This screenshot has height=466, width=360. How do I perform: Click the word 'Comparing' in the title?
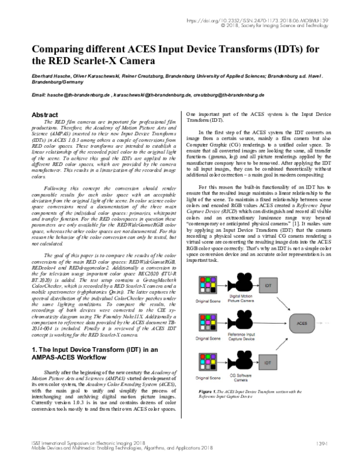(61, 49)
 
